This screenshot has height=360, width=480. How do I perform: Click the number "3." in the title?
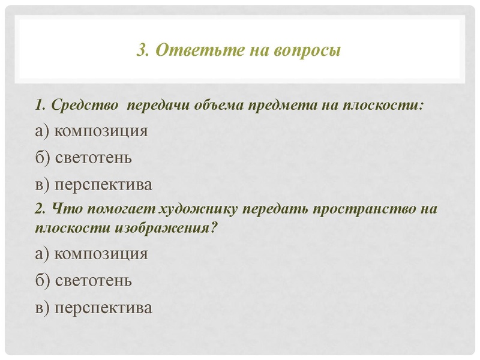(143, 50)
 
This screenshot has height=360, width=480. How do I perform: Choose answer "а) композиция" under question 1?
(91, 131)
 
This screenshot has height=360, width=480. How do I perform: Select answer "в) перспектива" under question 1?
(94, 184)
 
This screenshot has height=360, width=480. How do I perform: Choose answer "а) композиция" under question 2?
(91, 253)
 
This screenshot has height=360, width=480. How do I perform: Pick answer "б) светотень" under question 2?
(83, 280)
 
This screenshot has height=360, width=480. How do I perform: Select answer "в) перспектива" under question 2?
(94, 307)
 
